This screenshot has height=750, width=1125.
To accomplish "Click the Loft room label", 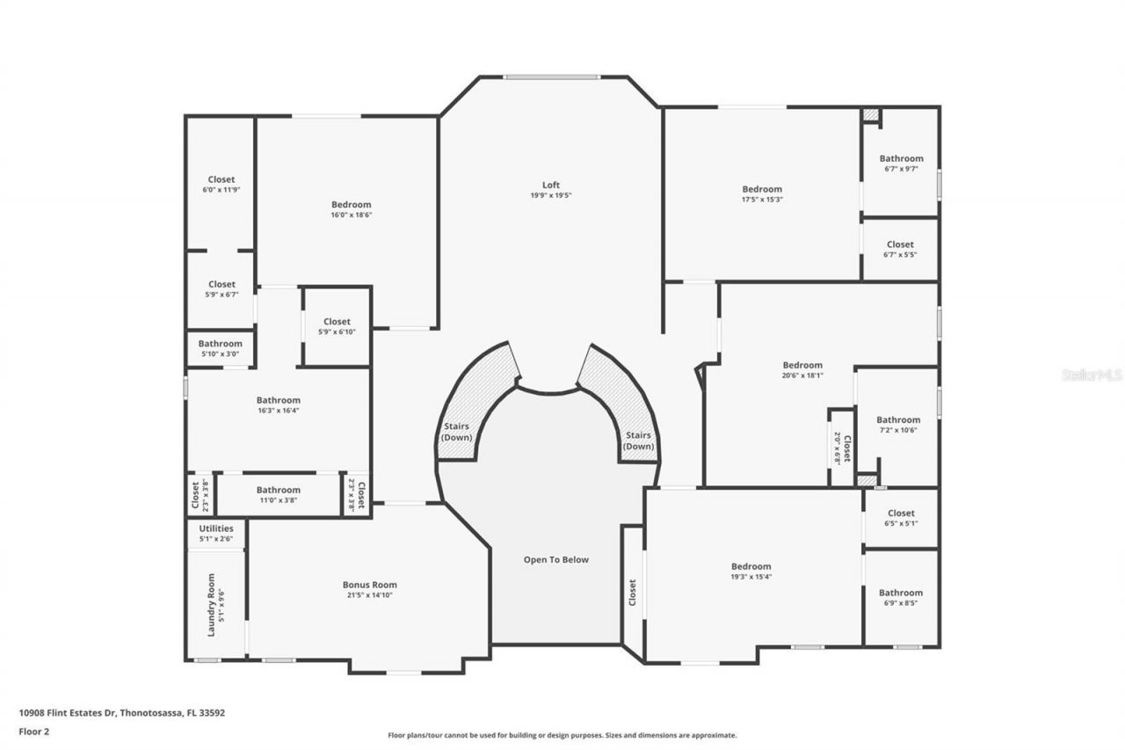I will point(550,185).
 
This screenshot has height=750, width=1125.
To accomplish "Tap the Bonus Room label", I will point(369,585).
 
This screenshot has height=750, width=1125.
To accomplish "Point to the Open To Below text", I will point(556,559).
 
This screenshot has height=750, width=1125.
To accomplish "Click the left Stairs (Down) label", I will point(456,432).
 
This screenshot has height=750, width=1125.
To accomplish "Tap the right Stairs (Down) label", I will point(638,441).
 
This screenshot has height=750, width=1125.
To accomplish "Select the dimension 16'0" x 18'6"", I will point(351,215).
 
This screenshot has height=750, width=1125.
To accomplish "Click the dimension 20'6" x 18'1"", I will point(802,375).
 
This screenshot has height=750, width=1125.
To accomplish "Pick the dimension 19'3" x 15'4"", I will point(751,577).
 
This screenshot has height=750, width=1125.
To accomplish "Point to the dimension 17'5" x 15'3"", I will point(761,200).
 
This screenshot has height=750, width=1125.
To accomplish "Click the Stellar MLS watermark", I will point(1092,375).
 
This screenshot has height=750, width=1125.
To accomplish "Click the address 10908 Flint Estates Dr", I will point(67,713).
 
